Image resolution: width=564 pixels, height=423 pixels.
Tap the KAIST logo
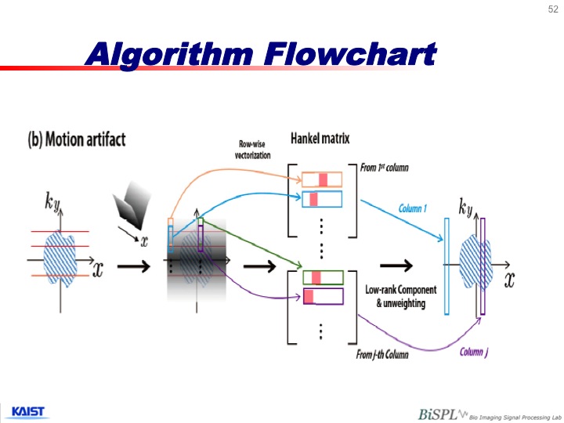coord(27,411)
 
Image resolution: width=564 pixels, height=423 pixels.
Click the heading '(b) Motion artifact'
coord(77,140)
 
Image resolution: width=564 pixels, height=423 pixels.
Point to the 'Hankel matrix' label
coord(320,139)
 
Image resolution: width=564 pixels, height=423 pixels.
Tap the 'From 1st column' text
coord(383,168)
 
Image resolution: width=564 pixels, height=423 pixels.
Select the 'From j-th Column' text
coord(382,356)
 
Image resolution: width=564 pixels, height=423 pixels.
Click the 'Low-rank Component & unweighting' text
coord(396,296)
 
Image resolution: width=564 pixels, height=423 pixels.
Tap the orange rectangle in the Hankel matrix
coord(322,179)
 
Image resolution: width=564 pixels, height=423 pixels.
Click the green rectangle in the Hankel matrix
coord(322,277)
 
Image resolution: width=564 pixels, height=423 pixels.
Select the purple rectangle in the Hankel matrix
coord(322,296)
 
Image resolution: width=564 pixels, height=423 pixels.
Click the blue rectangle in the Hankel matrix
coord(322,199)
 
